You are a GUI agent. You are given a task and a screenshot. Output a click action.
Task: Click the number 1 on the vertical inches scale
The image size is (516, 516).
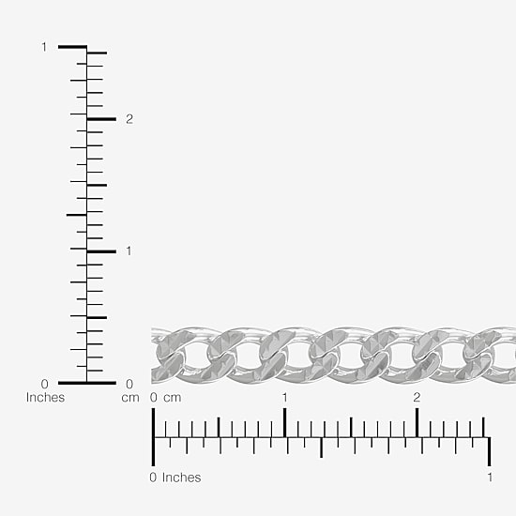tap(44, 47)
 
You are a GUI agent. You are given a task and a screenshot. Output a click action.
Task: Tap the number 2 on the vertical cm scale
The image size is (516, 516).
tap(129, 119)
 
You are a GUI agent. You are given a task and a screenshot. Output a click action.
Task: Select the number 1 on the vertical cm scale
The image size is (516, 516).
tap(129, 251)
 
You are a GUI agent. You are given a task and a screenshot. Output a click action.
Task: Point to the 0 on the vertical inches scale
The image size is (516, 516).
tap(44, 384)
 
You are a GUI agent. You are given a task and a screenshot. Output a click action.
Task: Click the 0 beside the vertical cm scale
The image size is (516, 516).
tap(129, 384)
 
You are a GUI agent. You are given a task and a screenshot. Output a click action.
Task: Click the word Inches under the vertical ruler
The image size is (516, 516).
tap(45, 398)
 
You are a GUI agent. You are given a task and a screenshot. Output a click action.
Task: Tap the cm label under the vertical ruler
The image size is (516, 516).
tap(130, 398)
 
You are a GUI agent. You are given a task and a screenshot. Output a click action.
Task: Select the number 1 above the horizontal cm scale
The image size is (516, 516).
tap(284, 398)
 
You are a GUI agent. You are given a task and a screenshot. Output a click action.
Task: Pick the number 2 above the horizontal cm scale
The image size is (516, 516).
tap(417, 398)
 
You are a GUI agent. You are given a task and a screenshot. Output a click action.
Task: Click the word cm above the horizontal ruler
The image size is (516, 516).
tap(172, 398)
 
